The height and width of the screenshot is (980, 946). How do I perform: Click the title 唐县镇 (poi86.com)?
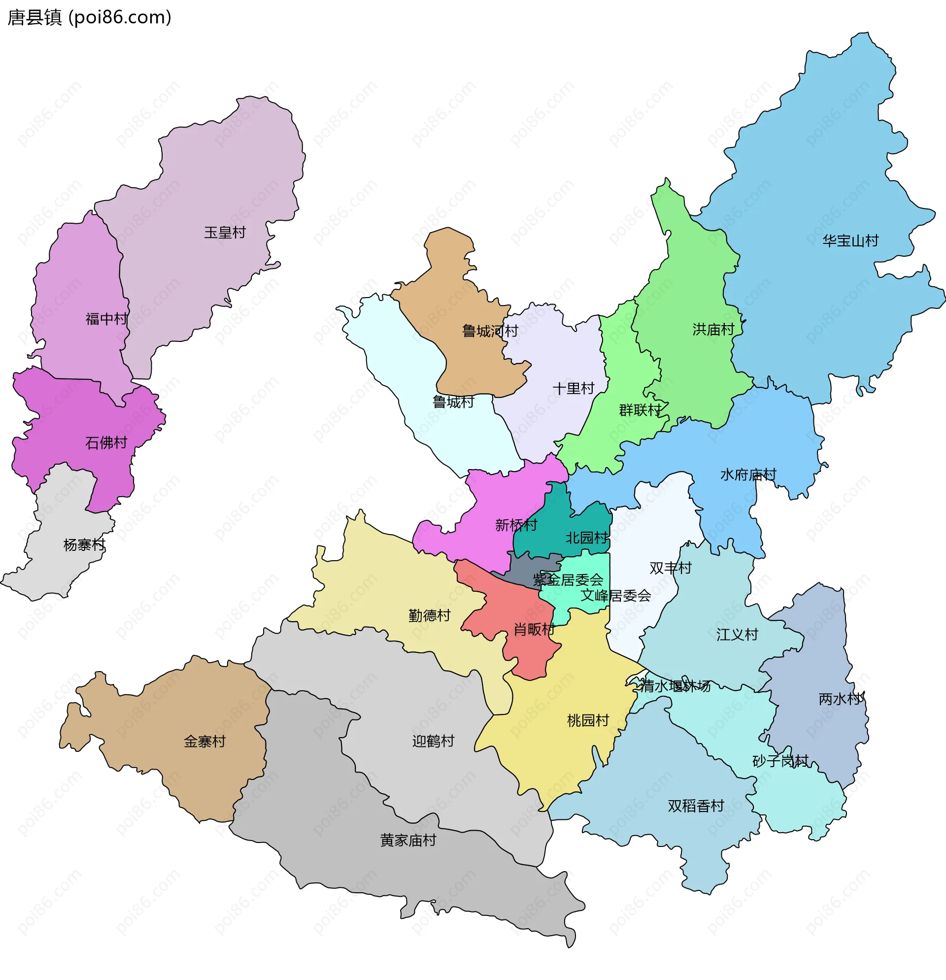[90, 18]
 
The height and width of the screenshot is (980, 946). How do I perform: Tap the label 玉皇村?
[225, 233]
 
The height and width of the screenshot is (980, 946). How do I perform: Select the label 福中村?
[106, 319]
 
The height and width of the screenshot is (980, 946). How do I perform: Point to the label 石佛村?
[106, 442]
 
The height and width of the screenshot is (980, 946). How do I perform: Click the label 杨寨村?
[84, 544]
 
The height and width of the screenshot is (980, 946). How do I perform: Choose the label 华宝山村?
[850, 241]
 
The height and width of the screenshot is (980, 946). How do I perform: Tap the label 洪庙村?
[713, 330]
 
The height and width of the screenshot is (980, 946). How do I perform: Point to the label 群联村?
[640, 410]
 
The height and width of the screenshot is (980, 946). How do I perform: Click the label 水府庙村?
[748, 474]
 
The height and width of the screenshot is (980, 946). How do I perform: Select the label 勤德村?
[430, 615]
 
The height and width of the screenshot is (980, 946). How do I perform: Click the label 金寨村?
[204, 742]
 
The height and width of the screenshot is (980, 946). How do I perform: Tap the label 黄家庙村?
[408, 841]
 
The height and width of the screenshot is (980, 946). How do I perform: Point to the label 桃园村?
[588, 720]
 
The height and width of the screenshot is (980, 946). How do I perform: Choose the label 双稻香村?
[696, 806]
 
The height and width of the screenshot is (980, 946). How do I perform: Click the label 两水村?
[840, 699]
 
